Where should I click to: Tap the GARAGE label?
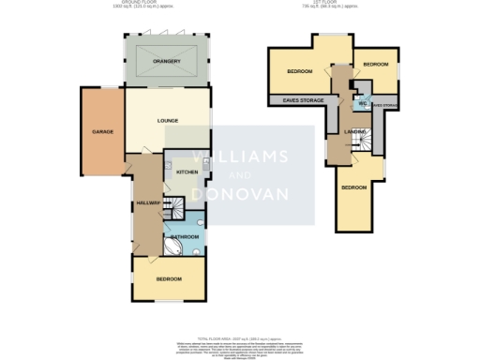[x=102, y=132]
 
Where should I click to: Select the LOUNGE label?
[x=168, y=120]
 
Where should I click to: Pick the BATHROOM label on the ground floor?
[x=184, y=237]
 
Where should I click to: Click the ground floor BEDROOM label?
[x=169, y=278]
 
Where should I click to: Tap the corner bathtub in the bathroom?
[x=175, y=247]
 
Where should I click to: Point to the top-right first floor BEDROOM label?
[x=376, y=64]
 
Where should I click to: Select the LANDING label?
[x=354, y=131]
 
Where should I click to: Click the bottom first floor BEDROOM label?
[x=354, y=187]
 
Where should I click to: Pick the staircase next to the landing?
[x=373, y=140]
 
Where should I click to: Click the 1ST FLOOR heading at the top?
[x=336, y=4]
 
